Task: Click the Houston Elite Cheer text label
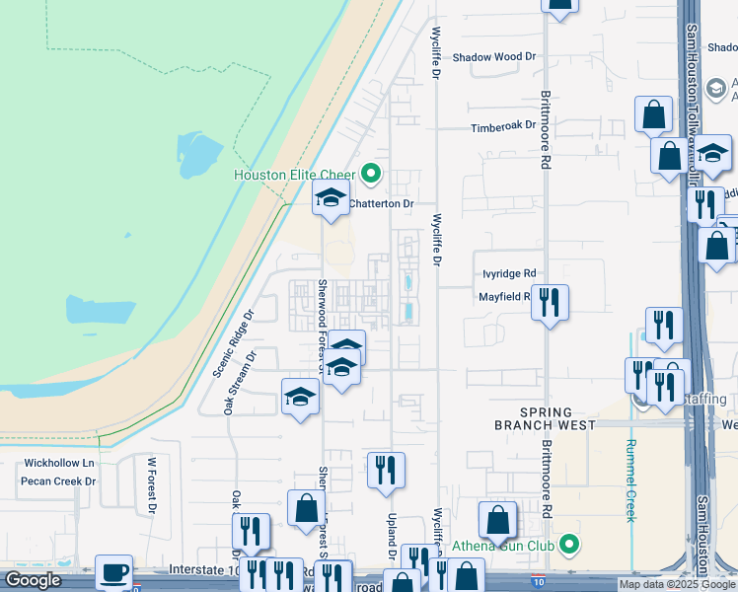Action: coord(296,176)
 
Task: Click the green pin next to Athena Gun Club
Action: coord(569,545)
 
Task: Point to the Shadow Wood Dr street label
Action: coord(493,57)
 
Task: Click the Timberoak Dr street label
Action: coord(502,126)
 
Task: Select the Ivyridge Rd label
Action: coord(509,274)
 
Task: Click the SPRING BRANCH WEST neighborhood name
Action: coord(546,418)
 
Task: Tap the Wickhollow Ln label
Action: coord(59,463)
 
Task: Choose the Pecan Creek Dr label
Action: coord(61,481)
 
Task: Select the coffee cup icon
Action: coord(113,572)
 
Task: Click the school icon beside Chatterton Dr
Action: coord(332,198)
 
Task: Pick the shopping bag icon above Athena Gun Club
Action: coord(498,521)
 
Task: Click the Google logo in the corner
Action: coord(33,580)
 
